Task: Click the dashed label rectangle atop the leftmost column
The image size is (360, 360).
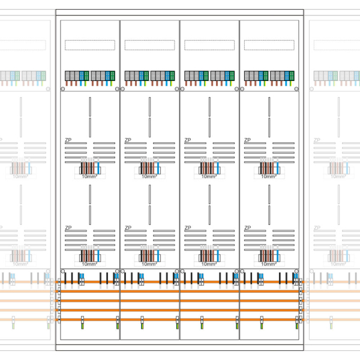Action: click(x=90, y=45)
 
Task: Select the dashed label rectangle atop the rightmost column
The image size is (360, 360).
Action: click(x=269, y=45)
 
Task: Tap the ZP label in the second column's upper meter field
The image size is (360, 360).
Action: click(x=128, y=140)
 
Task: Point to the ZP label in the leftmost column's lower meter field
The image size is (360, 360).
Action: click(x=68, y=228)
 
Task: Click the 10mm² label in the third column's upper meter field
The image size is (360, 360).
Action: click(x=209, y=177)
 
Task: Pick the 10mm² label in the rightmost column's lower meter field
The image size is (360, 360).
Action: click(x=268, y=264)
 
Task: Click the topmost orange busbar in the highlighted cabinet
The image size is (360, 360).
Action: click(x=180, y=281)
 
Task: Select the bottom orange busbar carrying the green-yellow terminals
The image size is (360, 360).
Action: click(x=180, y=320)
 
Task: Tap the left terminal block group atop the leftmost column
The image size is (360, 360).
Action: click(x=77, y=76)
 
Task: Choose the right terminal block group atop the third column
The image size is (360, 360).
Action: click(x=223, y=76)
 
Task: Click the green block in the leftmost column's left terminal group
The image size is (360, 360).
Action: click(x=87, y=76)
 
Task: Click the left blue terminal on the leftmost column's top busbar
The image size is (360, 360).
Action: click(x=82, y=277)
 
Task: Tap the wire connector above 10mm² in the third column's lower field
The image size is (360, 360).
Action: click(x=209, y=255)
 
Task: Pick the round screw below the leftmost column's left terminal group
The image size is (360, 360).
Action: click(x=64, y=89)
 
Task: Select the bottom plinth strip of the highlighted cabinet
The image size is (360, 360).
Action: click(x=180, y=346)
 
